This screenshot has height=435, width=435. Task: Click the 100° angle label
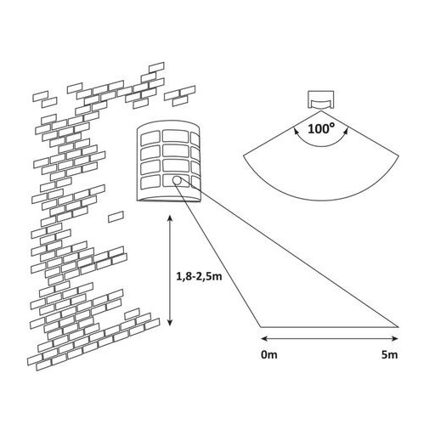pyautogui.click(x=320, y=129)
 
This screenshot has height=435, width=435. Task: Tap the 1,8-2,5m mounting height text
pyautogui.click(x=199, y=276)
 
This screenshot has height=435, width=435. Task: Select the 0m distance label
pyautogui.click(x=269, y=354)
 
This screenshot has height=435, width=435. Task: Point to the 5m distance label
pyautogui.click(x=390, y=354)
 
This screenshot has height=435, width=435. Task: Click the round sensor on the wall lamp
pyautogui.click(x=177, y=180)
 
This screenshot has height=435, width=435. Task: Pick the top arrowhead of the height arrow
pyautogui.click(x=170, y=218)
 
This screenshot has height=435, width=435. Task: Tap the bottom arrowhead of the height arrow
pyautogui.click(x=170, y=322)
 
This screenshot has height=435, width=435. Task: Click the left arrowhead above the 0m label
pyautogui.click(x=264, y=338)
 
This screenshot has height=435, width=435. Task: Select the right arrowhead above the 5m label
pyautogui.click(x=395, y=338)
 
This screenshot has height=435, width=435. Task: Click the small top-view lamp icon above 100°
pyautogui.click(x=320, y=99)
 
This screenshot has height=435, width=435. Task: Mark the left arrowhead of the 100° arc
pyautogui.click(x=296, y=131)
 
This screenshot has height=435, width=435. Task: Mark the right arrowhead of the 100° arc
pyautogui.click(x=346, y=131)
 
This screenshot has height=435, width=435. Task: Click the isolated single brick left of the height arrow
pyautogui.click(x=116, y=217)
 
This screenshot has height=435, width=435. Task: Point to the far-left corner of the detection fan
pyautogui.click(x=244, y=155)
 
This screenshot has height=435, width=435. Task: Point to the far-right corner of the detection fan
pyautogui.click(x=398, y=155)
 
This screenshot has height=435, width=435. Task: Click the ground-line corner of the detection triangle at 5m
pyautogui.click(x=398, y=327)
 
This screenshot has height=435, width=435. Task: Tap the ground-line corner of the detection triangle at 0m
pyautogui.click(x=261, y=327)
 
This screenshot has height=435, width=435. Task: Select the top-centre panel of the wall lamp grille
pyautogui.click(x=176, y=137)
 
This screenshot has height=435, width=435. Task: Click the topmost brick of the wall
pyautogui.click(x=156, y=67)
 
